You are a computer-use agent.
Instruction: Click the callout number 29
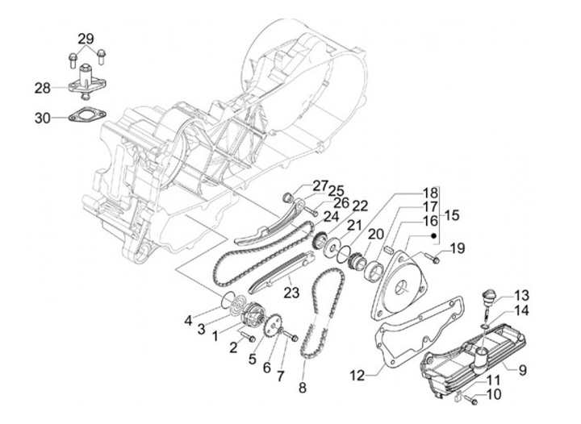(x=86, y=39)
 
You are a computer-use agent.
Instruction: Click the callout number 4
(x=187, y=320)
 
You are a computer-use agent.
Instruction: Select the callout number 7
(x=281, y=375)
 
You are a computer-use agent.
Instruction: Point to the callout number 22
(x=336, y=205)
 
